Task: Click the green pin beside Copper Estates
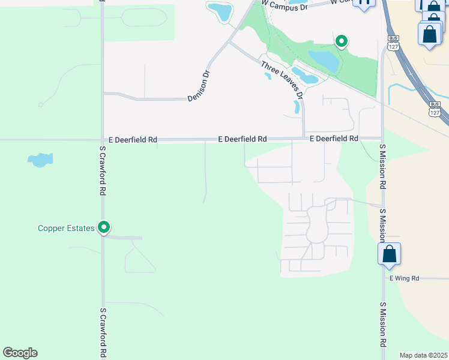coord(104,227)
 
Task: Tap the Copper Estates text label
coord(66,228)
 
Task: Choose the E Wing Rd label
coord(403,278)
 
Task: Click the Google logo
coord(20,353)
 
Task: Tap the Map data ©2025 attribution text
coord(423,355)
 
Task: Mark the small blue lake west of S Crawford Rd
coord(40,160)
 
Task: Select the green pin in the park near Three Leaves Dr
coord(341,41)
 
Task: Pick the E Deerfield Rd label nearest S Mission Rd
coord(334,139)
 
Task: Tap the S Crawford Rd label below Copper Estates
coord(103,332)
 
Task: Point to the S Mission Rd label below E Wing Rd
coord(383,324)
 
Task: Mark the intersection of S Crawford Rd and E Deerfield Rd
coord(102,139)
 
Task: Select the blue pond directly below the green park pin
coord(324,60)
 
